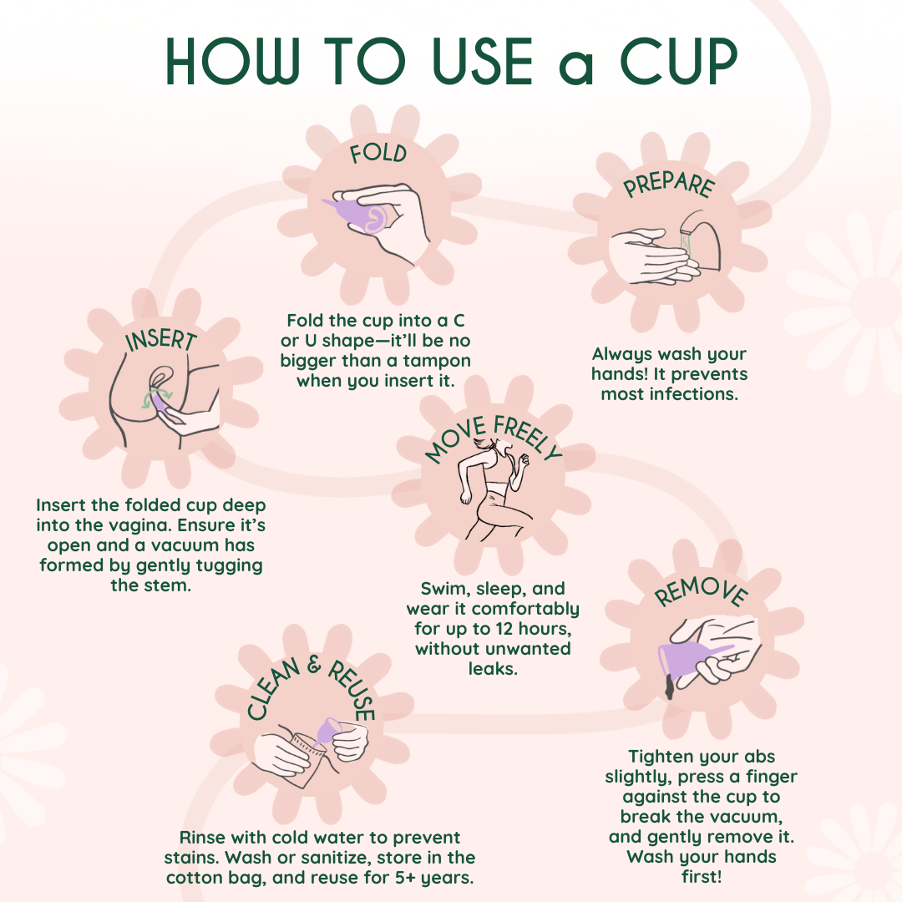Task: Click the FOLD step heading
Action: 378,154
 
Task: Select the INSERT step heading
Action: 160,340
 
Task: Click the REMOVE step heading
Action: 700,591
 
